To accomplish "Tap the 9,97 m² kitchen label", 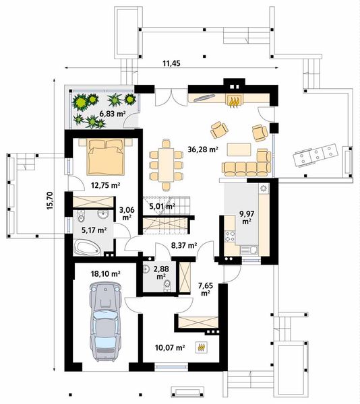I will [245, 217].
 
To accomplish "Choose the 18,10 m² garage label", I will [106, 274].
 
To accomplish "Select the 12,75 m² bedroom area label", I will [106, 185].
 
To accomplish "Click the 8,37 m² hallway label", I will [183, 246].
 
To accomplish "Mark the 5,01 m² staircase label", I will [162, 206].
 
